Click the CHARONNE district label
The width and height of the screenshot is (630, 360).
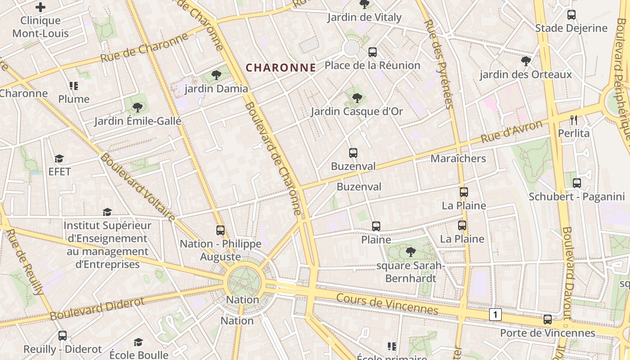pos(281,68)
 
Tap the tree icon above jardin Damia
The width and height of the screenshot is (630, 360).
pos(216,75)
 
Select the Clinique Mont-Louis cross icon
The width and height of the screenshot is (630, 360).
pos(40,7)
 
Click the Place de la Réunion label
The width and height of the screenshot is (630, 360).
pos(372,66)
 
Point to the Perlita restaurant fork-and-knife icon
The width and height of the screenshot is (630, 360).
pos(573,120)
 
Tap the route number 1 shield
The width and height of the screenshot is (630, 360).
pos(495,315)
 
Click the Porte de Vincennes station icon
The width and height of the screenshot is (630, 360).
pos(548,319)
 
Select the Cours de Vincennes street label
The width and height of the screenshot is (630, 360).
pos(387,305)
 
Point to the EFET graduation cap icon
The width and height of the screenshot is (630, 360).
pos(59,158)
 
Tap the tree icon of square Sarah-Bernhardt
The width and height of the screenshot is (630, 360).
pos(410,252)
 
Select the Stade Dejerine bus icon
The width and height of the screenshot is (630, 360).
pos(571,15)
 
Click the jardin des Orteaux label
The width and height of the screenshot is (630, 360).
pos(526,75)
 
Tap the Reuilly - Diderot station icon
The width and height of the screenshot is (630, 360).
pos(63,336)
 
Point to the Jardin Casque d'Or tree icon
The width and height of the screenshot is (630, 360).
pos(357,98)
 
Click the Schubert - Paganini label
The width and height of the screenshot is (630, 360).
pos(576,197)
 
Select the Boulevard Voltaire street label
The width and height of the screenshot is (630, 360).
pos(137,187)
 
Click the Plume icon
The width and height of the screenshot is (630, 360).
pos(74,85)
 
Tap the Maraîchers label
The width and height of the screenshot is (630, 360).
pos(458,158)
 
